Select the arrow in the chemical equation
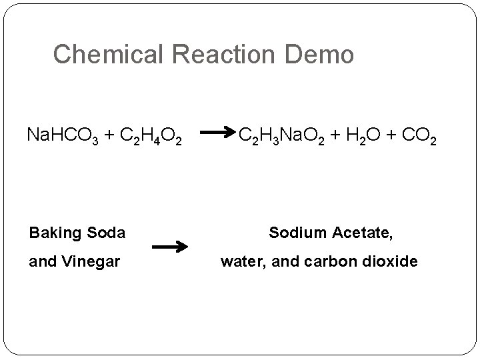217,133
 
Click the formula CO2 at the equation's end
420,137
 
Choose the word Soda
106,233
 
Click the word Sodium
296,233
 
